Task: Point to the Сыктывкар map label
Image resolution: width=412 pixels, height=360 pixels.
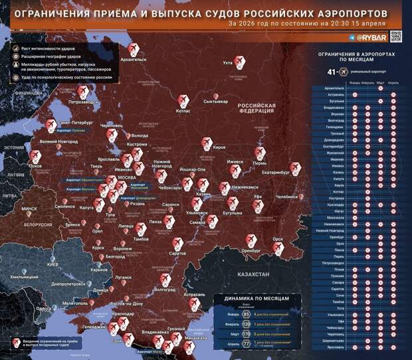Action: [x=215, y=102]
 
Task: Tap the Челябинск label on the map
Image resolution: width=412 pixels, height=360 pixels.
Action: [x=288, y=197]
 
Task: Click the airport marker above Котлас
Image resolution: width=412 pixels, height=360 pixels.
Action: [x=183, y=100]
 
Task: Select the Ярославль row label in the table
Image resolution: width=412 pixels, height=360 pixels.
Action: [x=335, y=347]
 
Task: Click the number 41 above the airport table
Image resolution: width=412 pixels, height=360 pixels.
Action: [x=332, y=72]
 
